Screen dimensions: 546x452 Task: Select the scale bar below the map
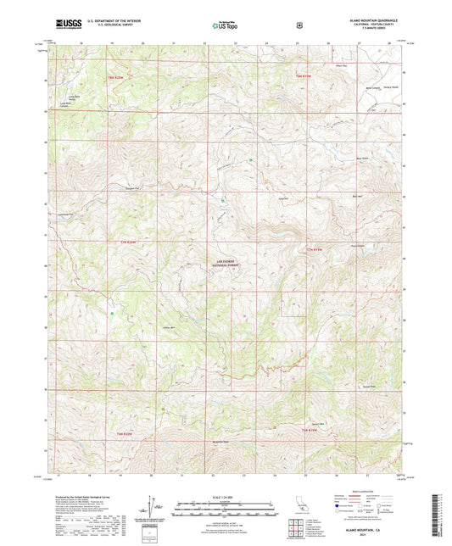(225, 510)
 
